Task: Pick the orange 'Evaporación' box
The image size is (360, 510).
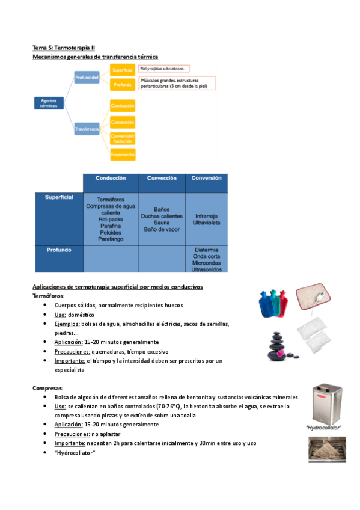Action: click(x=122, y=154)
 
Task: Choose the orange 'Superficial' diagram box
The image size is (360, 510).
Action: click(x=122, y=70)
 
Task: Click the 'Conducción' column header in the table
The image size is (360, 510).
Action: click(x=110, y=179)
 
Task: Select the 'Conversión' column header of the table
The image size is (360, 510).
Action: click(x=206, y=179)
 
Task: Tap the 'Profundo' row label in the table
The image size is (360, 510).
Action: click(x=59, y=250)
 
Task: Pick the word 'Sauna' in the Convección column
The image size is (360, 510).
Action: click(x=162, y=223)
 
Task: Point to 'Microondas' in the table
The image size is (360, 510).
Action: click(x=206, y=263)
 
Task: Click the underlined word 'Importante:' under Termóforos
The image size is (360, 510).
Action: click(x=69, y=360)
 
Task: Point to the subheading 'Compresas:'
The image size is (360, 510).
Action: click(x=47, y=388)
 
